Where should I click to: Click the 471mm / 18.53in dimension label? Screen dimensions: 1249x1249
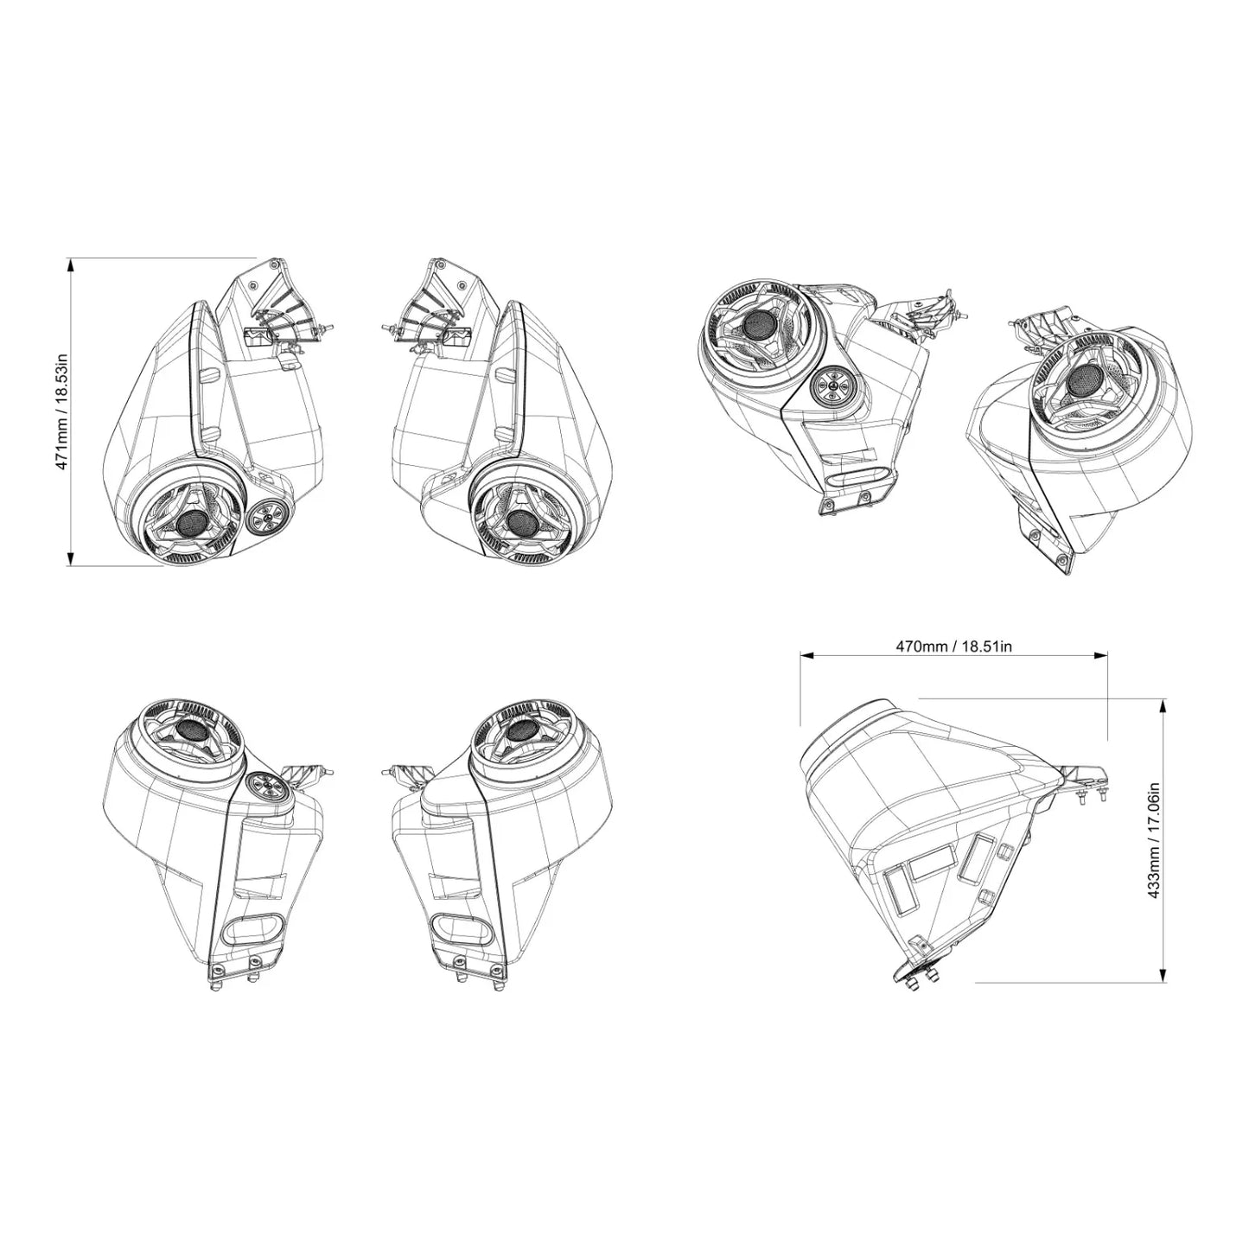(x=61, y=411)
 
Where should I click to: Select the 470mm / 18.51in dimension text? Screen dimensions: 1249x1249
(x=953, y=646)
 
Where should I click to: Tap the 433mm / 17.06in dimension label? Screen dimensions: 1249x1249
(x=1152, y=840)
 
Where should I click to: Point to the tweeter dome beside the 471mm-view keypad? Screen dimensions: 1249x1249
(x=189, y=521)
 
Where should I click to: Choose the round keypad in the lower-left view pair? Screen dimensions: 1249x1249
(x=264, y=787)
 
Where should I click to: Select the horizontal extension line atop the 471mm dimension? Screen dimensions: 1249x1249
(x=164, y=258)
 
